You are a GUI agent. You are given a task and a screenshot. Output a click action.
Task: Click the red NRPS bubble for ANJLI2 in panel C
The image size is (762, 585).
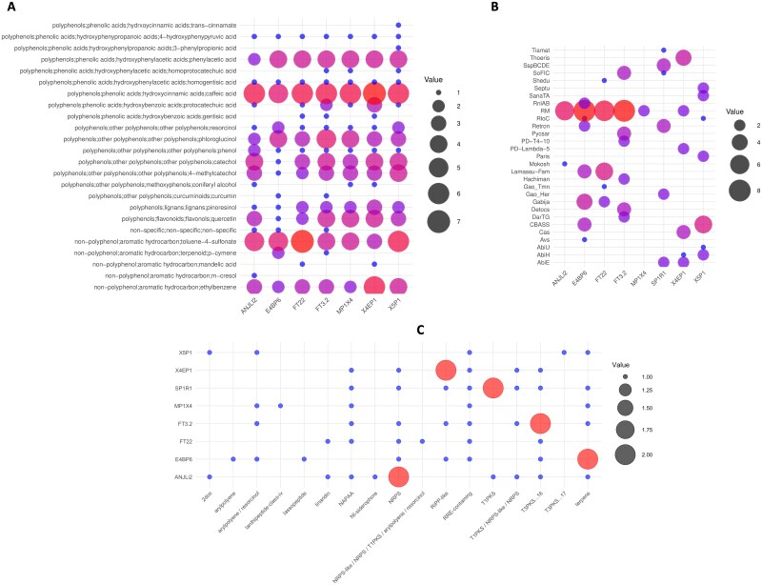coord(399,476)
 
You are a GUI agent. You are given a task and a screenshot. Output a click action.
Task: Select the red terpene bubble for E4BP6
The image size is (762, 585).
coord(588,459)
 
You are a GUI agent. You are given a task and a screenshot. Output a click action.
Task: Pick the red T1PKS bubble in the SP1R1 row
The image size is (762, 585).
coord(493,388)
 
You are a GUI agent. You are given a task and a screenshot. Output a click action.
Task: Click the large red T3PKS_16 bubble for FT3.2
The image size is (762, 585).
coord(540,423)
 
